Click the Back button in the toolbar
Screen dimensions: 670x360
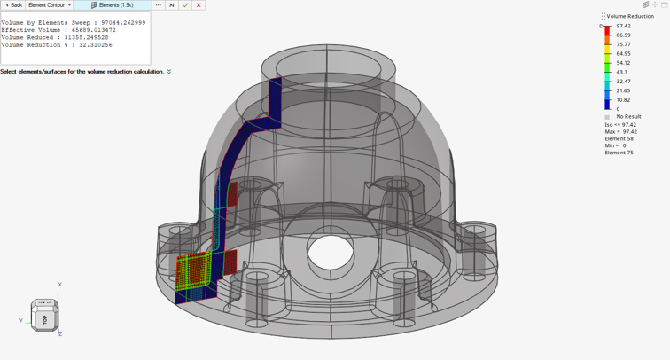click(x=13, y=5)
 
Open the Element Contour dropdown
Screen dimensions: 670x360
click(x=50, y=5)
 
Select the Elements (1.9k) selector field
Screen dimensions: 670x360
click(x=113, y=5)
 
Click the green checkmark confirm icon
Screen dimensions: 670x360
click(x=185, y=5)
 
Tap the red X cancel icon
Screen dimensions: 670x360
click(x=199, y=5)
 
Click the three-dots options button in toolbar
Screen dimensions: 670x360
click(x=158, y=5)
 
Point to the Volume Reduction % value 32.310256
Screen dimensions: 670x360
click(x=96, y=45)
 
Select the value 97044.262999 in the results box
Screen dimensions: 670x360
click(x=123, y=23)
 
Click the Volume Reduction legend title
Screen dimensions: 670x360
click(x=630, y=16)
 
